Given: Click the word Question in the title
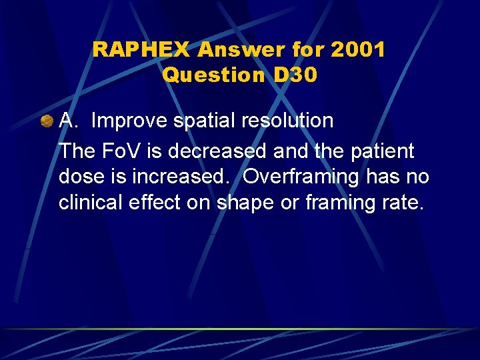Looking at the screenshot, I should point(214,75).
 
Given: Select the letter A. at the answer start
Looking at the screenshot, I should point(69,121).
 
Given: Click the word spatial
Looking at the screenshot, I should point(198,121).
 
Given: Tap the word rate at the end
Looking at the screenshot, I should point(402,202).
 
